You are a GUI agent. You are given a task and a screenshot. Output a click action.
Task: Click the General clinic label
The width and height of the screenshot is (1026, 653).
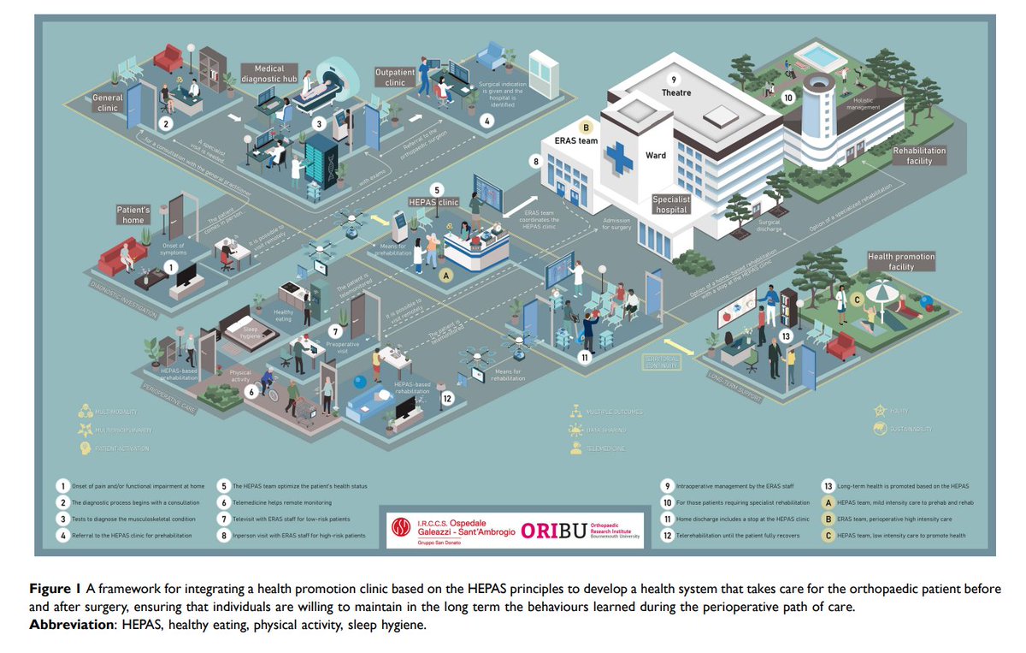108,103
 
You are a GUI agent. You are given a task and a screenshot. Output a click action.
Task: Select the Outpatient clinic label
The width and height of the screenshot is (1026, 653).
395,78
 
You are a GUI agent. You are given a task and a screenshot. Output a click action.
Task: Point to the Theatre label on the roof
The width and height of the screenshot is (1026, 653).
675,92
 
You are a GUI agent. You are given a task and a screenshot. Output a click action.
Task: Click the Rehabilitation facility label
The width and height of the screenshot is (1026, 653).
919,155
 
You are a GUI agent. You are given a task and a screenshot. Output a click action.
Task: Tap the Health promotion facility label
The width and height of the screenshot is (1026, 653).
901,261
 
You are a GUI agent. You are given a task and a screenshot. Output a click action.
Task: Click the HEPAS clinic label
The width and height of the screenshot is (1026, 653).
435,203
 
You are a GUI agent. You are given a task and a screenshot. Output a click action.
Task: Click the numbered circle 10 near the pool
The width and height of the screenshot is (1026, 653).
787,98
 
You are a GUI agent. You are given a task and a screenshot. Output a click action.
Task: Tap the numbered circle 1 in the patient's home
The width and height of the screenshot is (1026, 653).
169,268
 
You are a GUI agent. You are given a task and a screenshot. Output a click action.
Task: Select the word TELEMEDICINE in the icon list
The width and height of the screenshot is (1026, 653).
605,448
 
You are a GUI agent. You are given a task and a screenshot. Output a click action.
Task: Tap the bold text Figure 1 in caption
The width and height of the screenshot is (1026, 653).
55,590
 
